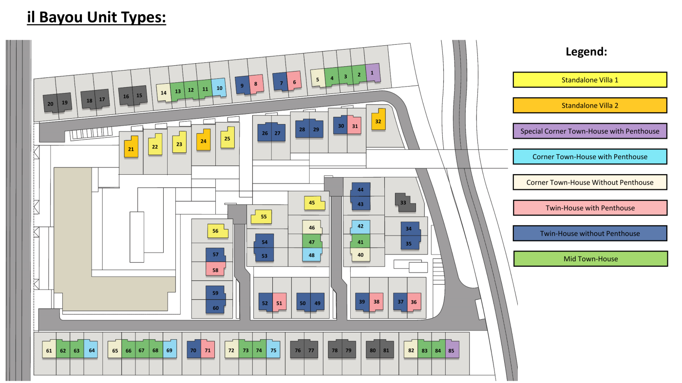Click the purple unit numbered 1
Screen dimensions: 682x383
(373, 73)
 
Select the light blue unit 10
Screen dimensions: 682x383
(219, 88)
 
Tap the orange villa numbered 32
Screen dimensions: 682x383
(379, 120)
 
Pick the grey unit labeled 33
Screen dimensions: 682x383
(405, 202)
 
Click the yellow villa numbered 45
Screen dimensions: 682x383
(314, 203)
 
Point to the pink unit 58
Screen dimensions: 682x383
(215, 269)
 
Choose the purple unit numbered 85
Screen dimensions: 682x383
(452, 349)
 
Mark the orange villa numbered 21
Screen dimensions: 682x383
(131, 147)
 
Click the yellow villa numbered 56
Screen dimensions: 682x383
(217, 231)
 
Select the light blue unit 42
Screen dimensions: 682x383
(361, 227)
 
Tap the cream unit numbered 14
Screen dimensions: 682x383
(164, 92)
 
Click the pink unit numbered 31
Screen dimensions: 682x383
(354, 125)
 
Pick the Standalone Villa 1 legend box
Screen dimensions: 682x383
(590, 80)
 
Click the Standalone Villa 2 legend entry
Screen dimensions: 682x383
(590, 105)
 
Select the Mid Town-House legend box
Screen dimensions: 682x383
(590, 258)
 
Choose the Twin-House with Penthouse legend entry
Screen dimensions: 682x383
(590, 208)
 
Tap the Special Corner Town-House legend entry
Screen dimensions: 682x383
(590, 131)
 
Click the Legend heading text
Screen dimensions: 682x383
(587, 52)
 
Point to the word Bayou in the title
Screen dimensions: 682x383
(61, 18)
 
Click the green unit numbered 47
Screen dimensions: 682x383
(312, 241)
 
